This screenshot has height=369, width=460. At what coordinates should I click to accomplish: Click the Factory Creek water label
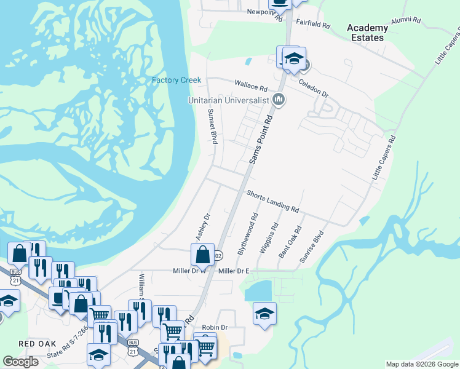(x=176, y=81)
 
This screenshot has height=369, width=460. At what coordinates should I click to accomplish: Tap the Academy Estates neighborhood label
(x=367, y=33)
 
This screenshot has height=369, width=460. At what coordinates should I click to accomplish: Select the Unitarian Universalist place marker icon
(x=279, y=100)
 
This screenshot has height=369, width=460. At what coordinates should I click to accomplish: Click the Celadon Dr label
(x=314, y=88)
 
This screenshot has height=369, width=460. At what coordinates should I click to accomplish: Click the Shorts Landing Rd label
(x=273, y=202)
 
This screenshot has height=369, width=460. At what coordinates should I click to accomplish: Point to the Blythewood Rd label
(x=247, y=234)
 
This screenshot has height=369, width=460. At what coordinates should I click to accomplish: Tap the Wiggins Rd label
(x=269, y=237)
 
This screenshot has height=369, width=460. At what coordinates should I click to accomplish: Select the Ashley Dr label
(x=203, y=227)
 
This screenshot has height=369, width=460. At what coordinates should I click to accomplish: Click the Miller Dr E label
(x=234, y=271)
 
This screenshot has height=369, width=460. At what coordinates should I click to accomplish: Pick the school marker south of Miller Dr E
(x=264, y=314)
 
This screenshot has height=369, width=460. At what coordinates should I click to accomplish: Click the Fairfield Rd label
(x=314, y=27)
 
